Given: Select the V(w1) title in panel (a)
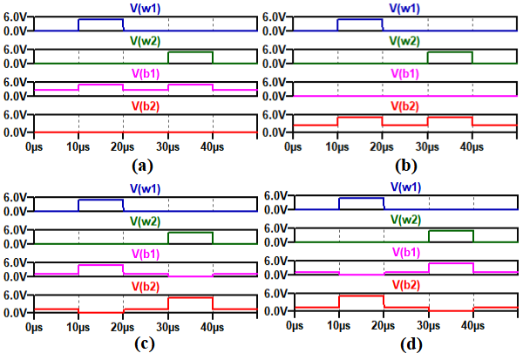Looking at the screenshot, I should click(x=145, y=8).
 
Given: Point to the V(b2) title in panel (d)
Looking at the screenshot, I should click(x=406, y=285).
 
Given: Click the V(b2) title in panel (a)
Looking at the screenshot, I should click(x=145, y=106).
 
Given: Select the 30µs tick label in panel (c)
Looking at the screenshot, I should click(x=167, y=327).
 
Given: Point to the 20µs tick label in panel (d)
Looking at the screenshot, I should click(x=384, y=327).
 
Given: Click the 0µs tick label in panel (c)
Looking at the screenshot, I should click(x=34, y=327).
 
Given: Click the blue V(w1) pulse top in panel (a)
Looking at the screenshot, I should click(x=100, y=19).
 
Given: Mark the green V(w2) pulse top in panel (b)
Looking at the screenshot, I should click(x=450, y=52).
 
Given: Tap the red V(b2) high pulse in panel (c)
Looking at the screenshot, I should click(x=190, y=297).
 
